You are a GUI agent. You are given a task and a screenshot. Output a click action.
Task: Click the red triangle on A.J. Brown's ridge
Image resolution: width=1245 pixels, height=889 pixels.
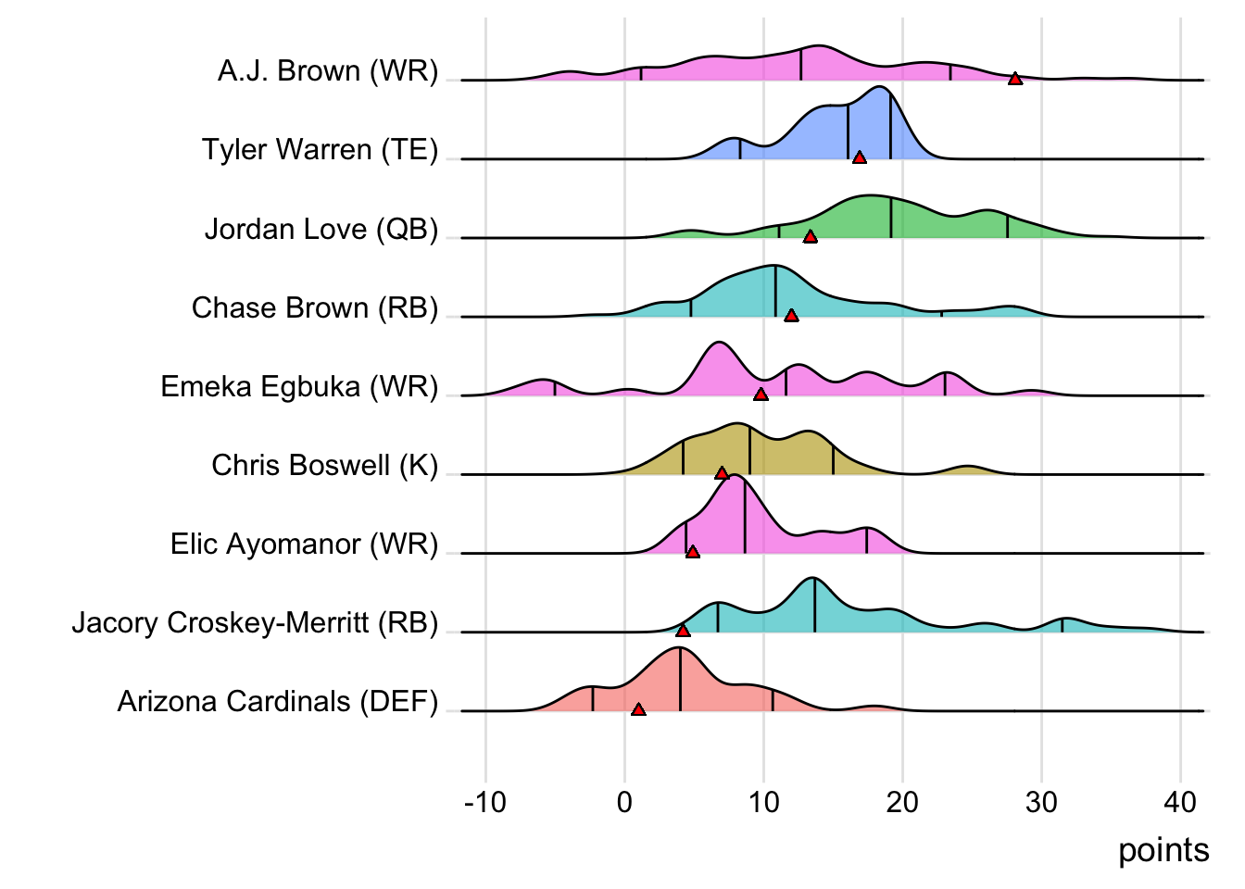coord(1015,79)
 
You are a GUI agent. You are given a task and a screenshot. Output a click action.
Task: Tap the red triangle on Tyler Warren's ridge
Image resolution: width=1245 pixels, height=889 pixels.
coord(860,157)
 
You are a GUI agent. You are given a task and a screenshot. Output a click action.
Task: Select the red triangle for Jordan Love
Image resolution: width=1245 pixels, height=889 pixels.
coord(811,237)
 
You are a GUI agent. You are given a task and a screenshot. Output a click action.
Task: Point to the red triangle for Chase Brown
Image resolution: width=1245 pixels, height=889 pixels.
coord(791,316)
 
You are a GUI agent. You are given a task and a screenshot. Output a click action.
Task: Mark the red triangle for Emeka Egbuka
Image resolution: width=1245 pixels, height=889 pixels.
coord(761,394)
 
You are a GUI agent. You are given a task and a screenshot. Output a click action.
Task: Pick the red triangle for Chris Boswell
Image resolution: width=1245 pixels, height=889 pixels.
coord(722,473)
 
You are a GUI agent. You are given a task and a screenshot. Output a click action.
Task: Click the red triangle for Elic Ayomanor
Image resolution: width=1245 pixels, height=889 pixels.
coord(693,552)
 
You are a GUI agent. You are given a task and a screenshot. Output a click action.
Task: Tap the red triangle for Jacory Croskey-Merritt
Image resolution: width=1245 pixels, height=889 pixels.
coord(683,631)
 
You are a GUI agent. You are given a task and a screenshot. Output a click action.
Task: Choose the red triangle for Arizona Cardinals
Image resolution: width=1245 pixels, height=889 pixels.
coord(638,709)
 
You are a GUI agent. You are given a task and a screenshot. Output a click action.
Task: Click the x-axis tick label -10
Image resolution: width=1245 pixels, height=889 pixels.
coord(485,802)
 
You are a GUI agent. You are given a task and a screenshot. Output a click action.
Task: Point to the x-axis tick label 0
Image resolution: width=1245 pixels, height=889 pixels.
coord(624,802)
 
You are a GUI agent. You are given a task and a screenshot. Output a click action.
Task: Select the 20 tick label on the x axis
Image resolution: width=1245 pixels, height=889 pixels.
coord(902,802)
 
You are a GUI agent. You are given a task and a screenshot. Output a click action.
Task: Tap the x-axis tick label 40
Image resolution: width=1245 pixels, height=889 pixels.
coord(1180,802)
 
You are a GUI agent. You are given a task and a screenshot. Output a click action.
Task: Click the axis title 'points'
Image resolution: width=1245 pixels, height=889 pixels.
coord(1163,850)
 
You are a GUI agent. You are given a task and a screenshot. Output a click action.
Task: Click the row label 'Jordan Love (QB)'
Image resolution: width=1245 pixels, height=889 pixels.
coord(321,229)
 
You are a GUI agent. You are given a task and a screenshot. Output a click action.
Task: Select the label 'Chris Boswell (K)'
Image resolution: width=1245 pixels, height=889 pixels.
coord(324,465)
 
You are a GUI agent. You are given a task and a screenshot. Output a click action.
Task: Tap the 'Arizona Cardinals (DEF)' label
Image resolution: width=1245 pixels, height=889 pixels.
coord(278,702)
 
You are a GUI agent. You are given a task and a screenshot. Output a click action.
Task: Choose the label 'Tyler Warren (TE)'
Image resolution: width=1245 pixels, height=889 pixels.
coord(321,150)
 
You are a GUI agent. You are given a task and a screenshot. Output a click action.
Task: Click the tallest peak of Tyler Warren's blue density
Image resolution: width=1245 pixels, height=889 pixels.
coord(881,87)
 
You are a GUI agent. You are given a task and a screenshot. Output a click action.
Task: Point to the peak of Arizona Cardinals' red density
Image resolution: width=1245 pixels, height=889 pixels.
coord(679,648)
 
